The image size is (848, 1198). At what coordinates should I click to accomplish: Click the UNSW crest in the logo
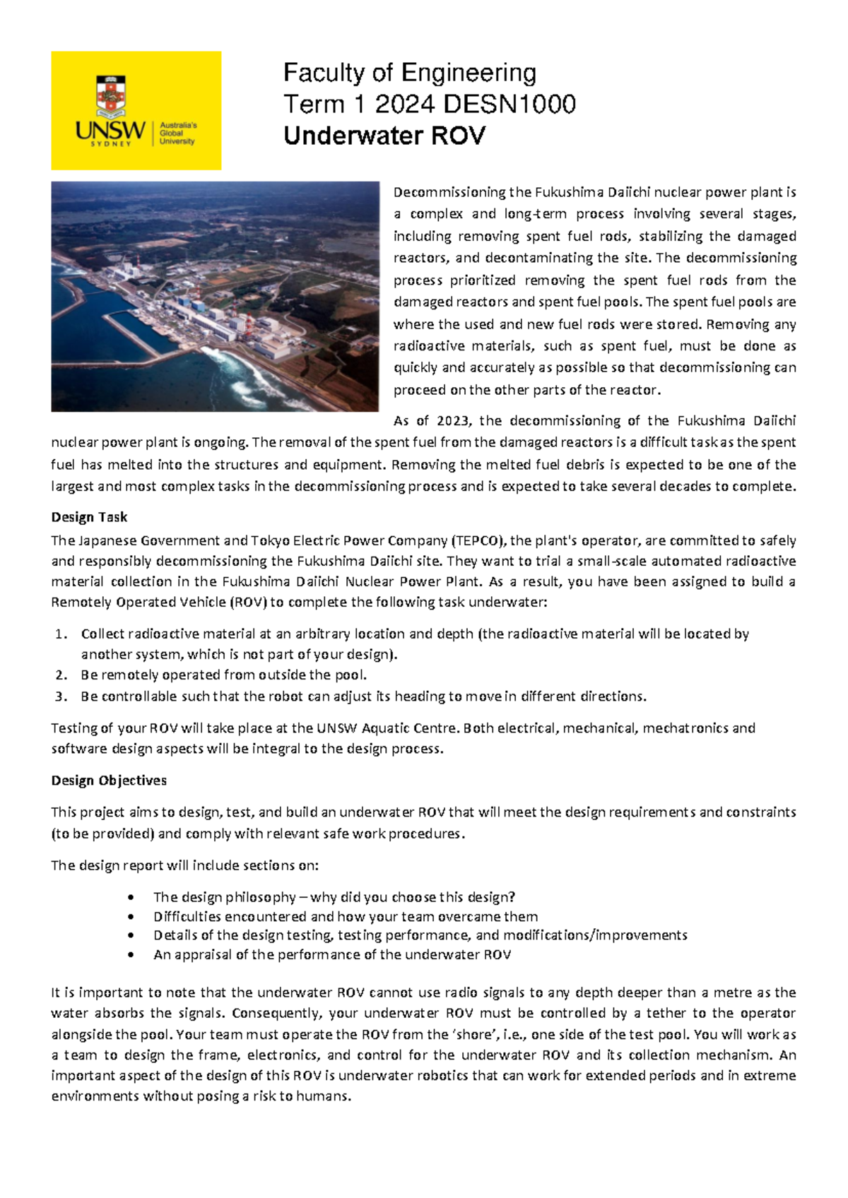click(x=111, y=97)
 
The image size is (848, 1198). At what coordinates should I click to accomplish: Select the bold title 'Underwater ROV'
click(x=384, y=136)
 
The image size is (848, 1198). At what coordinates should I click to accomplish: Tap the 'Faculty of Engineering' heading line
click(x=409, y=73)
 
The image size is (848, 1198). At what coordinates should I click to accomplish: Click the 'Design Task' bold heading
click(x=89, y=517)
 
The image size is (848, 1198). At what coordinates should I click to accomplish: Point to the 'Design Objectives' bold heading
click(x=109, y=781)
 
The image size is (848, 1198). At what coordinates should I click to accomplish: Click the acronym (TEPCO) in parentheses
click(x=478, y=541)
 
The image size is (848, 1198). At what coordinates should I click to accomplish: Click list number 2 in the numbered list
click(x=61, y=675)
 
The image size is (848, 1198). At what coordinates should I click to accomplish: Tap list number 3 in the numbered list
click(x=61, y=696)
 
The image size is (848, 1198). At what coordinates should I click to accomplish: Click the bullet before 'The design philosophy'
click(x=131, y=898)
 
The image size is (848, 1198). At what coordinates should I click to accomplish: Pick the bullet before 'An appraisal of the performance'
click(x=131, y=955)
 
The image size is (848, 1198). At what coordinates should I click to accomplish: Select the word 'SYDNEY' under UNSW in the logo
click(x=111, y=144)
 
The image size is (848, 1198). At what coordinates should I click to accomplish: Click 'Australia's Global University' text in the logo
click(x=177, y=133)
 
